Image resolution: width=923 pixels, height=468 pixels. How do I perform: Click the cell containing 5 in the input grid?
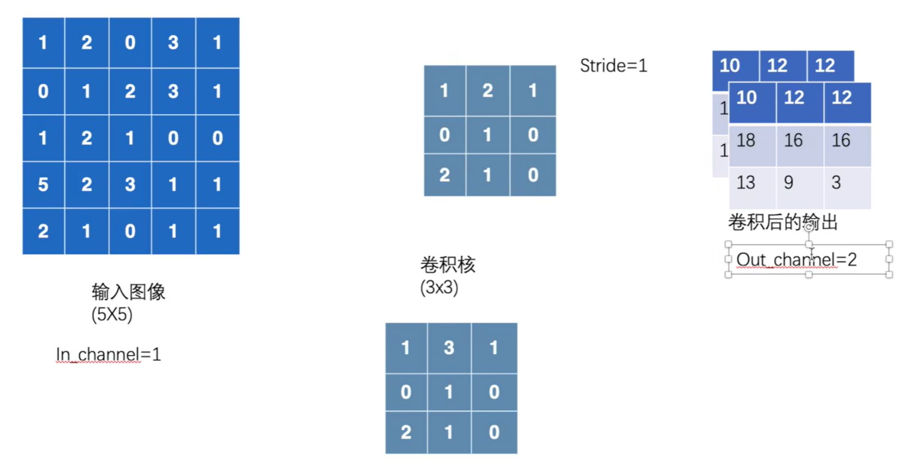tap(43, 185)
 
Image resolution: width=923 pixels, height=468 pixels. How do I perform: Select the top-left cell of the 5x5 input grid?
tap(43, 43)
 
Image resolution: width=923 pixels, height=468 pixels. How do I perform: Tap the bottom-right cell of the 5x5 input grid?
tap(217, 231)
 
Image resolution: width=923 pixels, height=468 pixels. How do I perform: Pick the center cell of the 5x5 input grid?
tap(130, 138)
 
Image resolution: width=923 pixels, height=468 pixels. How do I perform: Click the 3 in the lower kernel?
tap(449, 348)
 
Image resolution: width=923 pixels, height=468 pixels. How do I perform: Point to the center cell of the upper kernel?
tap(488, 135)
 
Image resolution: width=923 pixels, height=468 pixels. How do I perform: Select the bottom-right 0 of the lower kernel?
tap(494, 433)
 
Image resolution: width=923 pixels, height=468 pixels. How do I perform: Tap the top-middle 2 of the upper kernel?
tap(488, 90)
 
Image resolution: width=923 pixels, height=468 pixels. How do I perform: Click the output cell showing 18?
tap(746, 141)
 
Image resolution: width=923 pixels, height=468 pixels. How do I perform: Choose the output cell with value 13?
tap(746, 182)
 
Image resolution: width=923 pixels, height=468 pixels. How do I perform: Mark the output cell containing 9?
tap(789, 182)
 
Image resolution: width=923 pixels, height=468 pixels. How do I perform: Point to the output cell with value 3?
tap(836, 182)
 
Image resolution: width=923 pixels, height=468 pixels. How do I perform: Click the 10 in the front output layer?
tap(747, 98)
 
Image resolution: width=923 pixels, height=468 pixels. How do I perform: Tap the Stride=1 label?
tap(613, 66)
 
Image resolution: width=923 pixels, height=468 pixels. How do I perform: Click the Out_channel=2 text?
tap(797, 260)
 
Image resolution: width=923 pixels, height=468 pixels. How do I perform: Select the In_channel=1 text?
tap(108, 354)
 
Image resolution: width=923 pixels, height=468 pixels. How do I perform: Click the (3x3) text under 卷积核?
tap(439, 288)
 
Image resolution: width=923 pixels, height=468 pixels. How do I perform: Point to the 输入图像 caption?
tap(128, 292)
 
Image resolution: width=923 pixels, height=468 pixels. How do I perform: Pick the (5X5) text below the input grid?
tap(112, 315)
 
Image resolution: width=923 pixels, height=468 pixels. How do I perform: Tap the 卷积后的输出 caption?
tap(783, 222)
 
